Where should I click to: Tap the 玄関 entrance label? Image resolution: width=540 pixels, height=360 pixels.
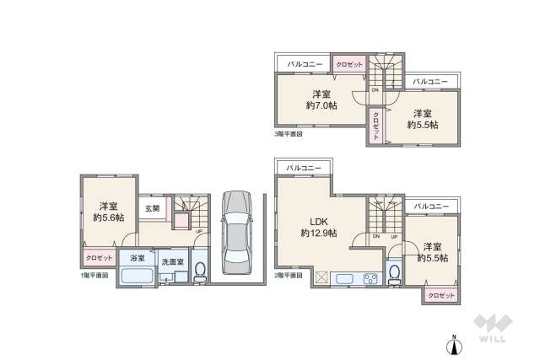coord(152,207)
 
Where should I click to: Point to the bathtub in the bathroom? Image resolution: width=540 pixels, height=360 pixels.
coord(135,276)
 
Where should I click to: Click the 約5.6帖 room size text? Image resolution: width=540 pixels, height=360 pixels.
coord(107,218)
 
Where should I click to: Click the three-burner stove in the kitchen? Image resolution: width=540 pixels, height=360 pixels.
coord(370,278)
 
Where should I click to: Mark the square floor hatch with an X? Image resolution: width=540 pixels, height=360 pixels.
coord(321,277)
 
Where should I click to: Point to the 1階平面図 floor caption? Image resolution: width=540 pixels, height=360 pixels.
coord(94,275)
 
